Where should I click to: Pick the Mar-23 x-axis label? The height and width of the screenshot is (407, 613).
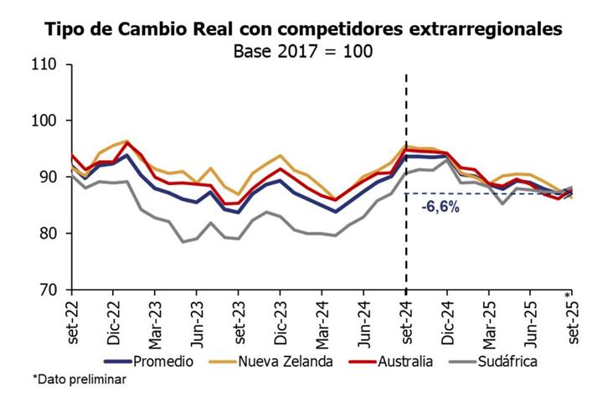coord(155,322)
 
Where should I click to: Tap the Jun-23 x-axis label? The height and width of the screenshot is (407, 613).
coord(197,322)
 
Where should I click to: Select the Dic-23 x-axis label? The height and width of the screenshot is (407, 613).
coord(281,322)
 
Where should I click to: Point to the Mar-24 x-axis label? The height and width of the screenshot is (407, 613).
coord(322,322)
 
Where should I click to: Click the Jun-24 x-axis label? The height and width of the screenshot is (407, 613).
coord(364,322)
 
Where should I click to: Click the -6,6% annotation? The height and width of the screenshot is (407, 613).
coord(440,206)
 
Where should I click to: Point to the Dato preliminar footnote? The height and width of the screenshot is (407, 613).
coord(80,380)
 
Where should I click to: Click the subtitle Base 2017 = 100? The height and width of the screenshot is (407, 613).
coord(302,49)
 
